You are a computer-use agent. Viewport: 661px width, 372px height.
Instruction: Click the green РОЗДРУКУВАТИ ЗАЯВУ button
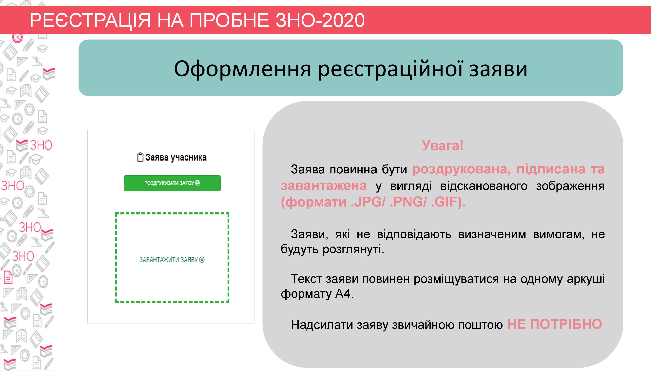coord(172,183)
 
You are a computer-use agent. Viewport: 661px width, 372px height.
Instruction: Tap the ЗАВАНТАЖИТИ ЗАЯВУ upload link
coord(172,260)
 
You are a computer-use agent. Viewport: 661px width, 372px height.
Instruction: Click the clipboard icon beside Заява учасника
coord(140,157)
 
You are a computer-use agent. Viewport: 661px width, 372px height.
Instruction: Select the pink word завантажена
coord(324,186)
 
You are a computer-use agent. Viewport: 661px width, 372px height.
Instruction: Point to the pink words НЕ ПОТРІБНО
coord(554,324)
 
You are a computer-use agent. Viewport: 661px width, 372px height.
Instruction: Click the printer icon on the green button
coord(198,183)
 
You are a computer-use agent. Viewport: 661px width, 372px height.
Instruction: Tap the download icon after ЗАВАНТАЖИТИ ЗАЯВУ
coord(202,260)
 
